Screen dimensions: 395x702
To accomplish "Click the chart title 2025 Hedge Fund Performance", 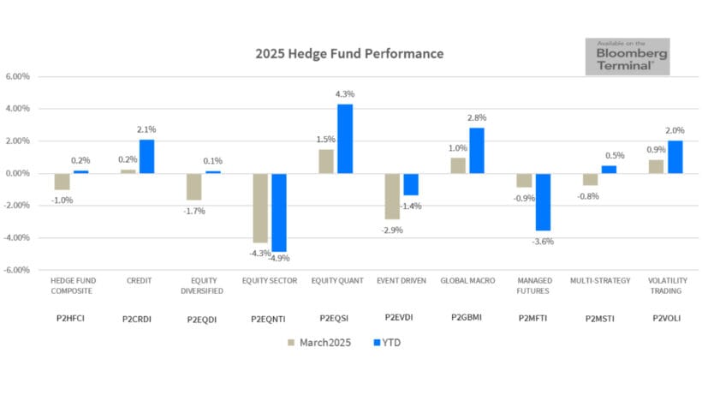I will coord(349,53).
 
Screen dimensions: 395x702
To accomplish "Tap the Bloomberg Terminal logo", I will coord(627,57).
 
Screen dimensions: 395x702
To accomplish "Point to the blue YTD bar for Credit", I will coord(146,157).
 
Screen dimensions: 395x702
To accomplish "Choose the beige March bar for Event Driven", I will coord(391,196).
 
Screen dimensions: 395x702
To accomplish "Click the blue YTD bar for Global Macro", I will coord(476,151).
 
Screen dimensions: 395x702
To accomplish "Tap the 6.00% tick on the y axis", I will coord(18,76).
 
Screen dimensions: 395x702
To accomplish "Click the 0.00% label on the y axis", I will coord(18,173).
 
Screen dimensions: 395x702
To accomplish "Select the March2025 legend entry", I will coord(318,343).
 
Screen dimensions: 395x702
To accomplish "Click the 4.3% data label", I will coord(345,94).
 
